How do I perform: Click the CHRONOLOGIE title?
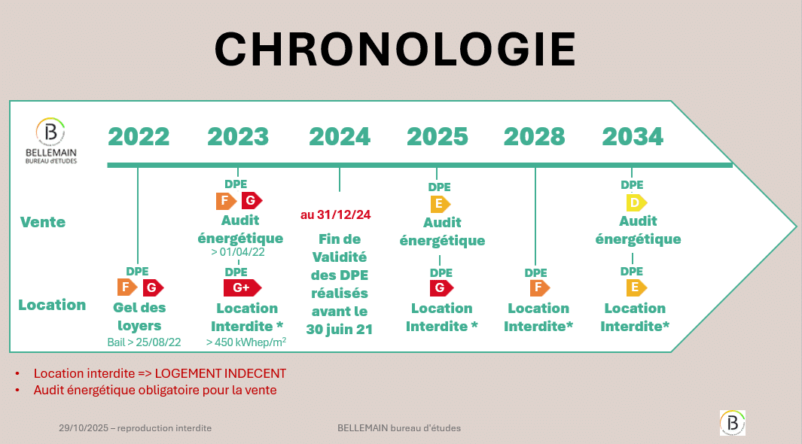[x=395, y=49]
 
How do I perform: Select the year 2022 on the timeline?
[x=139, y=136]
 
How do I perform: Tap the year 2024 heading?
[x=340, y=136]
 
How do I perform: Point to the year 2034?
[x=633, y=136]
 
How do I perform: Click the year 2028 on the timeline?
[x=535, y=136]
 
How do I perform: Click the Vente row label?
[x=43, y=222]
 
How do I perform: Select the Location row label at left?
[x=52, y=305]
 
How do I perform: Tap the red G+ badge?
[x=242, y=287]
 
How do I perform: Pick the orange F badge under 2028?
[x=540, y=287]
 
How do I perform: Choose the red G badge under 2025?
[x=441, y=288]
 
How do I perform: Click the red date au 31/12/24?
[x=336, y=215]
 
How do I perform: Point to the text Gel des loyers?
[x=139, y=317]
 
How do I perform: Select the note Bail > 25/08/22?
[x=145, y=342]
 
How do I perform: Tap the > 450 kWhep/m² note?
[x=246, y=342]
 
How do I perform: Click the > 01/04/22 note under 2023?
[x=238, y=252]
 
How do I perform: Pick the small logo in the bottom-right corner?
[x=733, y=423]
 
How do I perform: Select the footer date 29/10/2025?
[x=84, y=428]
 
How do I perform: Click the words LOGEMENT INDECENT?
[x=221, y=373]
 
